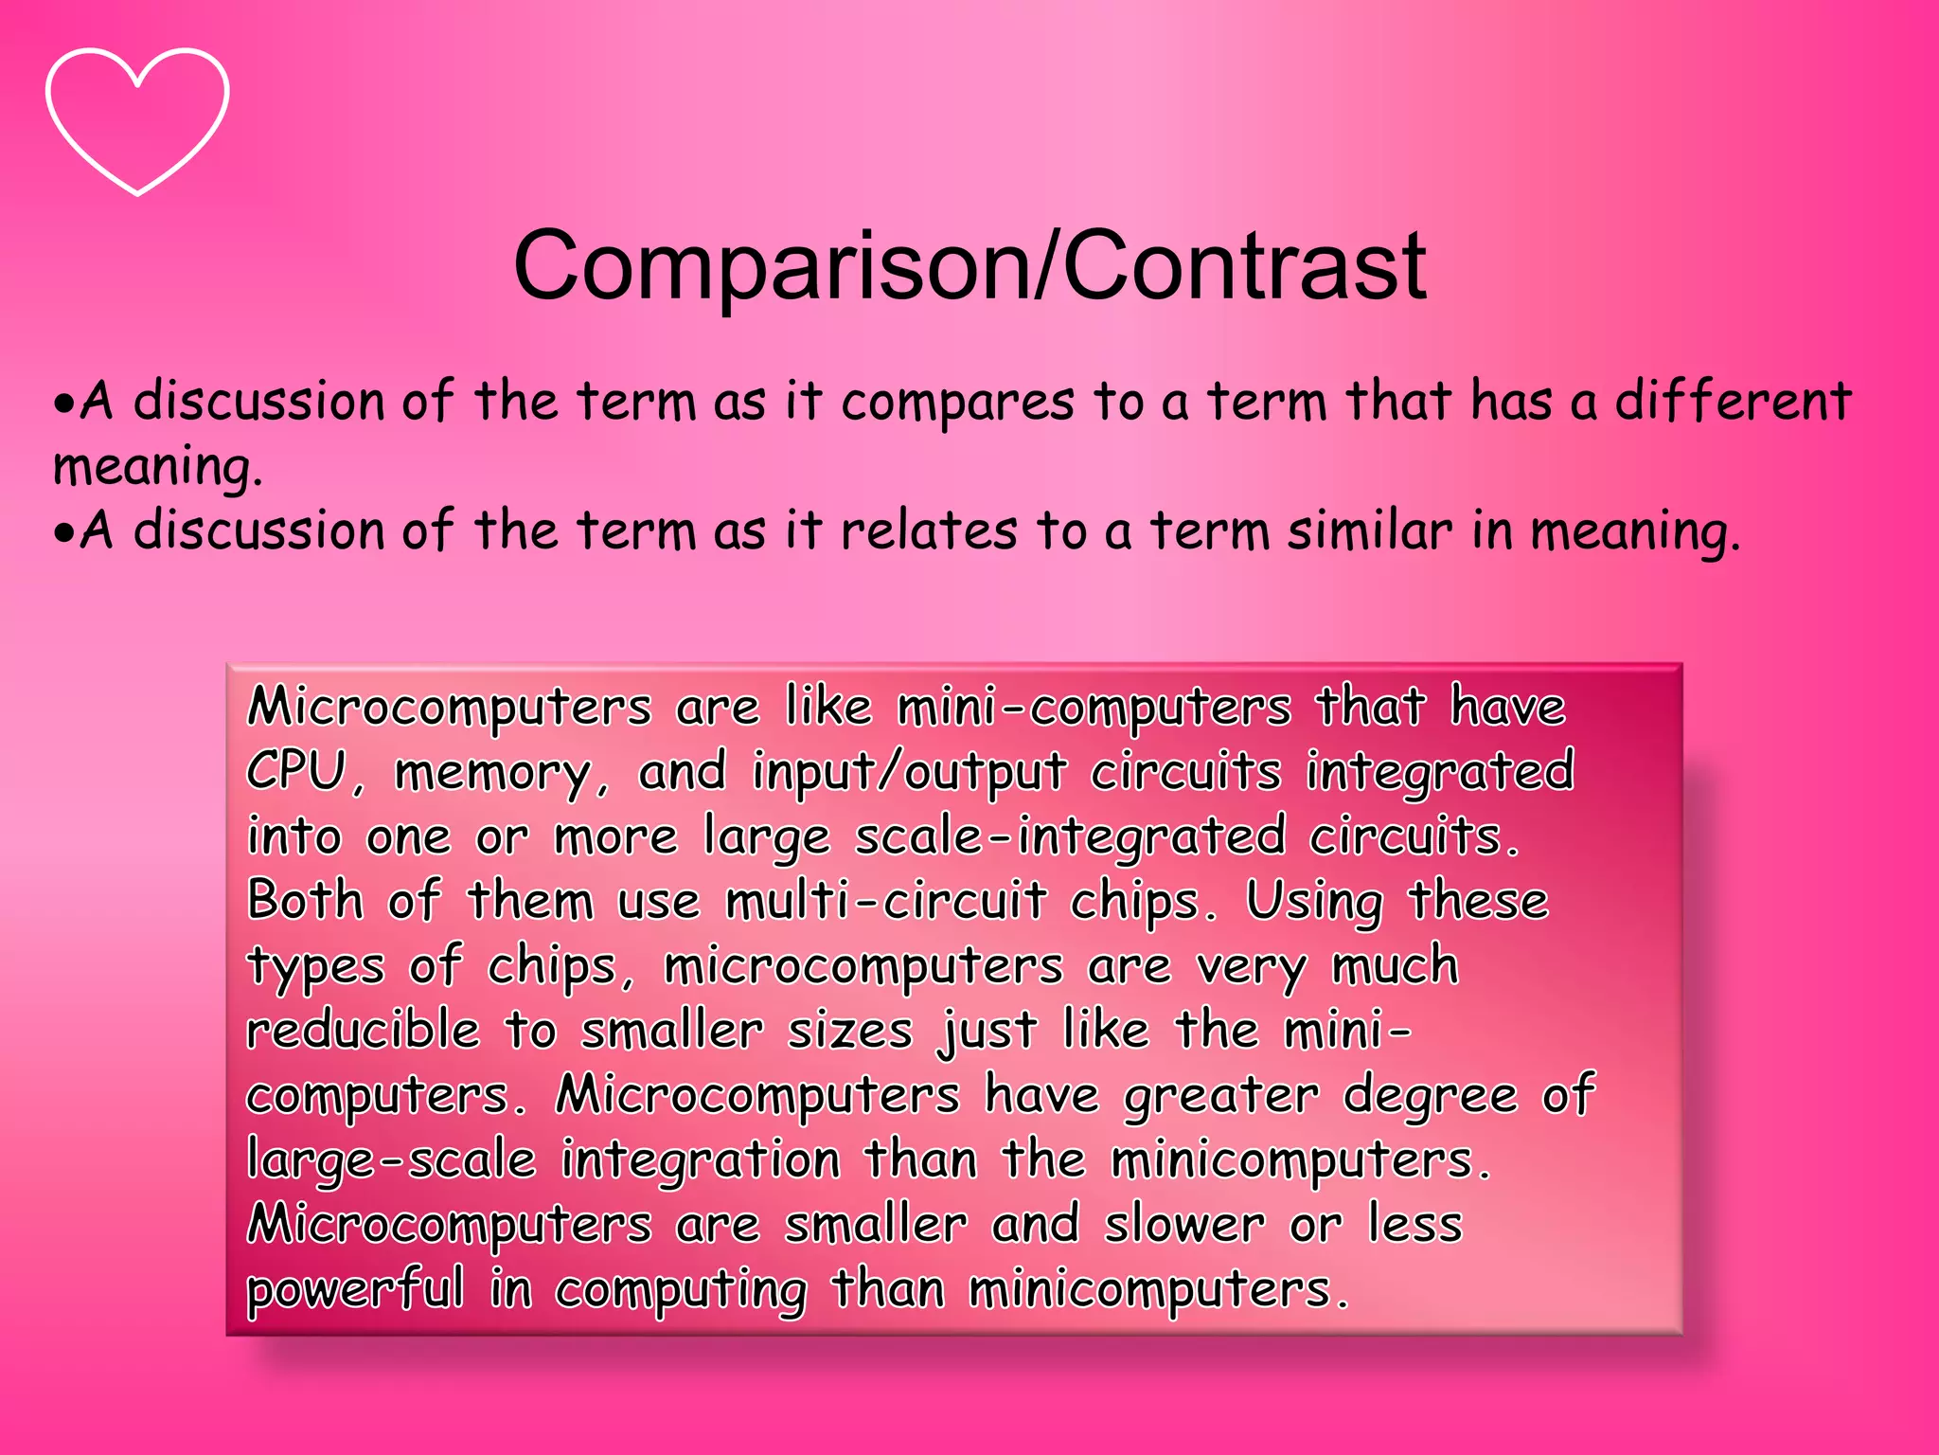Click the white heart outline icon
point(137,120)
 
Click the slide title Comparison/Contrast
point(969,266)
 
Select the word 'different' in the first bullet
point(1733,402)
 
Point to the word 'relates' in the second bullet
point(928,530)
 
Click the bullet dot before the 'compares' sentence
point(63,405)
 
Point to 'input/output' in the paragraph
point(910,773)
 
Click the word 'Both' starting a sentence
point(305,900)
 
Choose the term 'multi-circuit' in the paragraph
point(886,900)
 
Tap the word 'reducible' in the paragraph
point(364,1030)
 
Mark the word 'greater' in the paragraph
point(1221,1097)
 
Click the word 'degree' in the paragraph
point(1431,1097)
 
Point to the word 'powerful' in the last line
point(355,1290)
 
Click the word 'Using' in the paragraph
point(1314,902)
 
